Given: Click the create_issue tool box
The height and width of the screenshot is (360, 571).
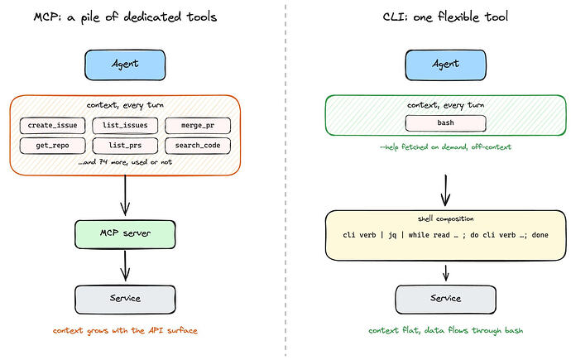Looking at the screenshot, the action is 52,126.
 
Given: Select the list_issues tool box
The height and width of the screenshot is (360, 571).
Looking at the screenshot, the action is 125,126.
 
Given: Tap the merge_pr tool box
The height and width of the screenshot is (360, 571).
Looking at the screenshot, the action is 198,126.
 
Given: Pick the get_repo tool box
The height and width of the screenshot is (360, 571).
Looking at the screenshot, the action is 52,146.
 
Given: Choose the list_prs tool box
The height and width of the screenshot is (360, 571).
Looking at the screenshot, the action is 125,146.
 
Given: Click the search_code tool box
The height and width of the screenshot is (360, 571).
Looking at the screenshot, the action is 198,146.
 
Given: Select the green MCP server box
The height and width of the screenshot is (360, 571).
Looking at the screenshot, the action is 125,234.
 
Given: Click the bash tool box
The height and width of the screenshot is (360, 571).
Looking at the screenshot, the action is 445,123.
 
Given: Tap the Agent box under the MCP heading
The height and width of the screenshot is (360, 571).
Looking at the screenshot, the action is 125,65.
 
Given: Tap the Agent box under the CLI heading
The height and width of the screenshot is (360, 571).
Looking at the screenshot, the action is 445,65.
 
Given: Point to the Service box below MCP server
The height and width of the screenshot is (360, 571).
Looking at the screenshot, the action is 125,300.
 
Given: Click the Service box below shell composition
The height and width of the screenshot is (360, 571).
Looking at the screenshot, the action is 445,300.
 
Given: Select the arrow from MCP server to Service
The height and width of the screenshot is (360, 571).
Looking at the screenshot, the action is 125,266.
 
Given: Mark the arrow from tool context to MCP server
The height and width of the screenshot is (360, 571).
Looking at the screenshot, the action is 125,195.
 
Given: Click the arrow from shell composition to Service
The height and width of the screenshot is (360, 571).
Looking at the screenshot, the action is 445,273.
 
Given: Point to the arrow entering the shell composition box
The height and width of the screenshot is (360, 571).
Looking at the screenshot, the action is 445,190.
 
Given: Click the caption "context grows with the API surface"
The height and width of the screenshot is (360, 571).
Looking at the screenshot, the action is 125,330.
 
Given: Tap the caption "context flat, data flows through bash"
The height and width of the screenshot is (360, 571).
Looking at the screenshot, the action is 445,330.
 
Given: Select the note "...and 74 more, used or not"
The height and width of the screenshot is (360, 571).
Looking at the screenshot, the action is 125,162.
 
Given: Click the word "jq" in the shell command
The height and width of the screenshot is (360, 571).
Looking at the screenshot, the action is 392,236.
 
